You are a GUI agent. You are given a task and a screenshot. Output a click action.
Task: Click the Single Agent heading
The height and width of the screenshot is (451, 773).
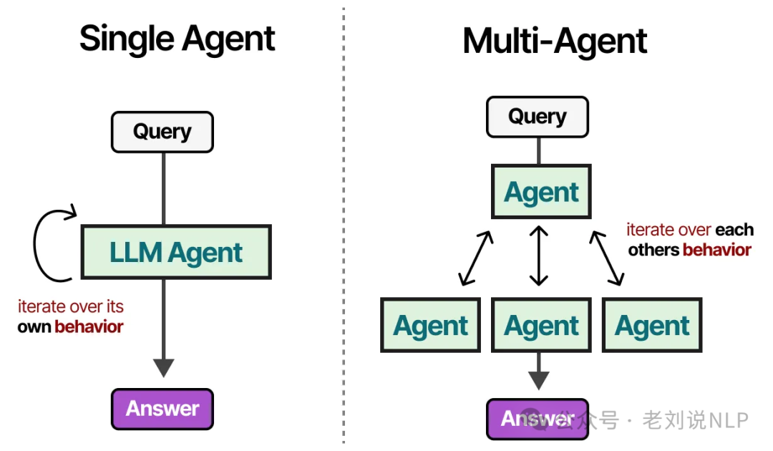(x=177, y=38)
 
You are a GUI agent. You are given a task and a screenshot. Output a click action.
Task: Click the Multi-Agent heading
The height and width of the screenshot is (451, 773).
(x=555, y=41)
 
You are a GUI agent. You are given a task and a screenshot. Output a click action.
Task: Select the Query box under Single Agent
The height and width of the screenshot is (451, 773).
(x=162, y=132)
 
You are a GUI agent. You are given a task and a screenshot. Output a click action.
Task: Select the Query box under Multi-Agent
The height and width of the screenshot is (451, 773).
(x=538, y=117)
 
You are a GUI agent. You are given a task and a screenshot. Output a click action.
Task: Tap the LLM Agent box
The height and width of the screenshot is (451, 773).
(x=176, y=252)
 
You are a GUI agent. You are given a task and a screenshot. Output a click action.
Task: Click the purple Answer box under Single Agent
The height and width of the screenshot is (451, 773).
(x=162, y=409)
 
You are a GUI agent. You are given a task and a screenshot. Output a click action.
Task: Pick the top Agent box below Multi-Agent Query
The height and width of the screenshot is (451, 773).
(x=541, y=192)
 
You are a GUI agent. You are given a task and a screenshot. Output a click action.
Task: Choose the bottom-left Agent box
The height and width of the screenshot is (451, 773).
(x=430, y=326)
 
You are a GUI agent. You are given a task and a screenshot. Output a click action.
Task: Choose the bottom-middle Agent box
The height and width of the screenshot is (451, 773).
(x=541, y=326)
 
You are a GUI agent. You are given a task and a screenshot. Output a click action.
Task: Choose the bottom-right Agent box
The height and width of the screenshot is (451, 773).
(x=652, y=326)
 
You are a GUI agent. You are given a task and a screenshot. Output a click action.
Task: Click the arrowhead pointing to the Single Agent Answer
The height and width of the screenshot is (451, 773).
(x=164, y=367)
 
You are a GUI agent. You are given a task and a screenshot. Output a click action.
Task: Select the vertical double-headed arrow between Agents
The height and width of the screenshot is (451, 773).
(x=538, y=256)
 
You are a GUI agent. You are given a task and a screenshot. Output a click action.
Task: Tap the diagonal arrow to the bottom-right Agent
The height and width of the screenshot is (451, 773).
(x=607, y=258)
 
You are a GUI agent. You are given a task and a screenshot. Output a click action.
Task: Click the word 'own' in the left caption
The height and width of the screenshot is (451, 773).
(x=34, y=327)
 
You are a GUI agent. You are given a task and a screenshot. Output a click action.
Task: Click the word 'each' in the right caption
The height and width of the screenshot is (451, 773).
(x=734, y=230)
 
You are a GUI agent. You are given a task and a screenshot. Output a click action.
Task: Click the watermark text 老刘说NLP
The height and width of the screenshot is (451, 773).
(x=695, y=420)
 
